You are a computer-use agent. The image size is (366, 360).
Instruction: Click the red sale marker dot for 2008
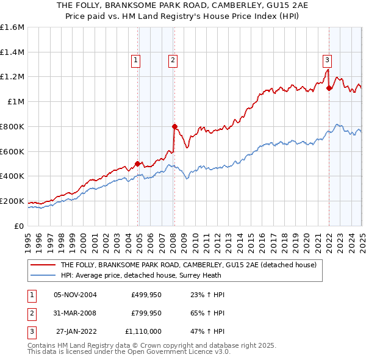(x=174, y=126)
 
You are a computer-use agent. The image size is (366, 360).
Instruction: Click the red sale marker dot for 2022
(x=329, y=87)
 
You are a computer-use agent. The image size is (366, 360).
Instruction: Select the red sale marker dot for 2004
(x=137, y=164)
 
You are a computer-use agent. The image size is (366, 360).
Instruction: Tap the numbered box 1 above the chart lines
(x=135, y=60)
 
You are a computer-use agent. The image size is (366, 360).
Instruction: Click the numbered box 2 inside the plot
(x=173, y=60)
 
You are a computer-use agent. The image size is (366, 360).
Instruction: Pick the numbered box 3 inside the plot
(x=327, y=60)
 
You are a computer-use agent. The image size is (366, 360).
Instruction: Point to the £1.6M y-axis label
(x=12, y=27)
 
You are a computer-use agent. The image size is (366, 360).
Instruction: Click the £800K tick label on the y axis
(x=12, y=126)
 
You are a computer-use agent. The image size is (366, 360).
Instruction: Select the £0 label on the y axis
(x=18, y=226)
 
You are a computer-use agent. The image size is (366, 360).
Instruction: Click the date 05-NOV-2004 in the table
(x=76, y=295)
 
